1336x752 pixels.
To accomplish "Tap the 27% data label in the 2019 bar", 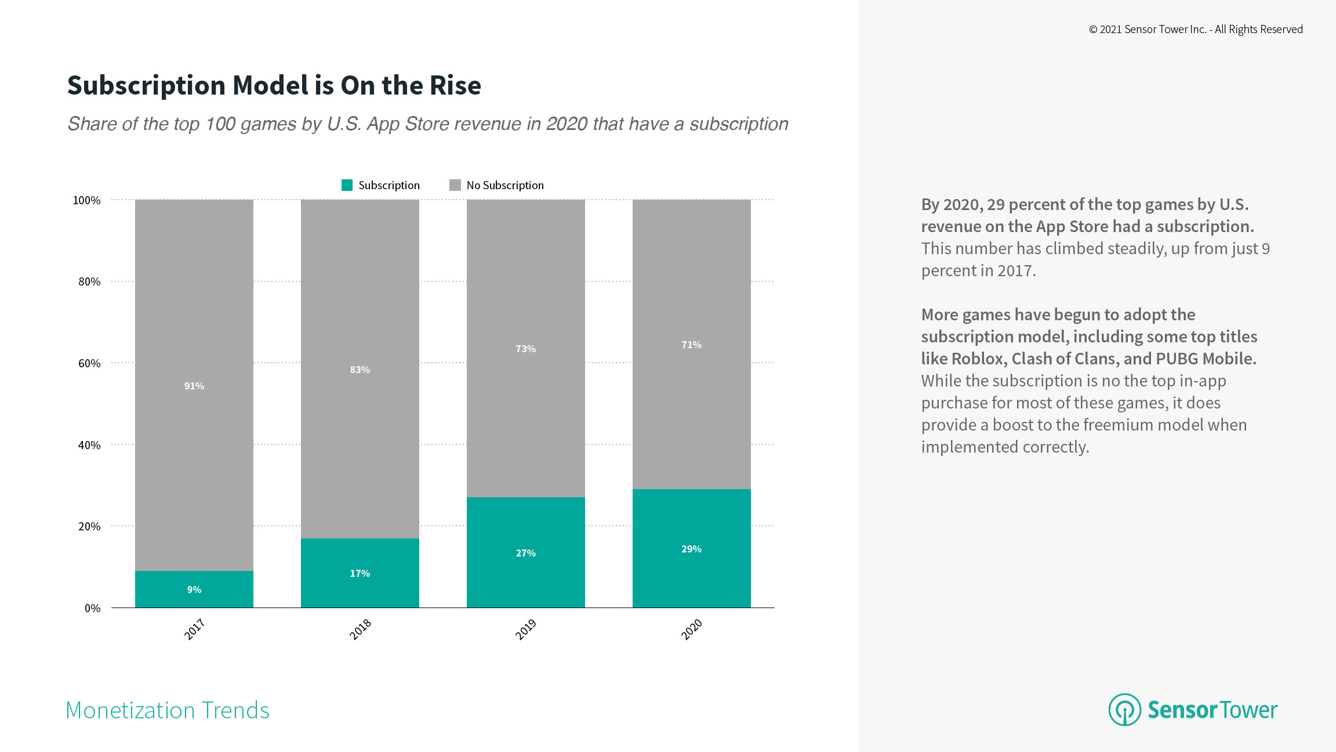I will [x=525, y=553].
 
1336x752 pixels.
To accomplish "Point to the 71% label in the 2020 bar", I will [x=691, y=345].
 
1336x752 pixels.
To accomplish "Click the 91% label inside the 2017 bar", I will [x=194, y=386].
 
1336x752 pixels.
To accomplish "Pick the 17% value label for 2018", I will [x=360, y=573].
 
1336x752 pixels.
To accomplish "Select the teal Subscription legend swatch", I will [x=347, y=185].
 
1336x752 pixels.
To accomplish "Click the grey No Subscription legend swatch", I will [x=455, y=185].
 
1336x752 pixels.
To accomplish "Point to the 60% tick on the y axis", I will [x=89, y=363].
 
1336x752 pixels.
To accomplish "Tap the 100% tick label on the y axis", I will [x=86, y=200].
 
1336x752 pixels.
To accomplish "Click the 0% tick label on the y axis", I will [x=92, y=608].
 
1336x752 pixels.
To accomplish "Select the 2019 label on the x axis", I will [x=526, y=629].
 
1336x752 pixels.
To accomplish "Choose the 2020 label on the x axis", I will [x=692, y=629].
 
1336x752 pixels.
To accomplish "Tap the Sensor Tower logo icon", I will [x=1124, y=710].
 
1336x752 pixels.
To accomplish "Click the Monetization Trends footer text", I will [x=168, y=710].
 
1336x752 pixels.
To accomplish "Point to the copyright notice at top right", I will [x=1196, y=30].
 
